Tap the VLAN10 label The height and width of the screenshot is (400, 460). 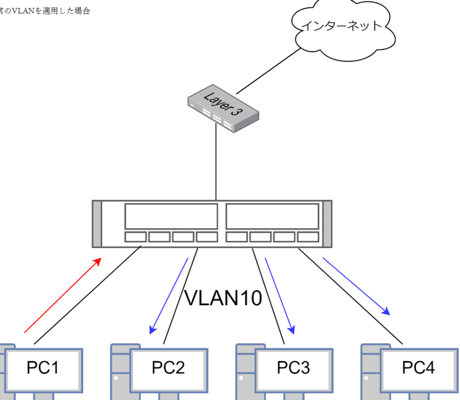pyautogui.click(x=223, y=298)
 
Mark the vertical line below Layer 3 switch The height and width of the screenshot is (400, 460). pyautogui.click(x=216, y=162)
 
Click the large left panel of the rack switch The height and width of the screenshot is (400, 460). pyautogui.click(x=171, y=216)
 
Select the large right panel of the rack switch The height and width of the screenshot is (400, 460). pyautogui.click(x=272, y=216)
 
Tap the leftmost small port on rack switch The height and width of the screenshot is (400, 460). pyautogui.click(x=136, y=237)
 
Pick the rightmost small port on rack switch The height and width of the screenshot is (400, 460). pyautogui.click(x=308, y=237)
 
